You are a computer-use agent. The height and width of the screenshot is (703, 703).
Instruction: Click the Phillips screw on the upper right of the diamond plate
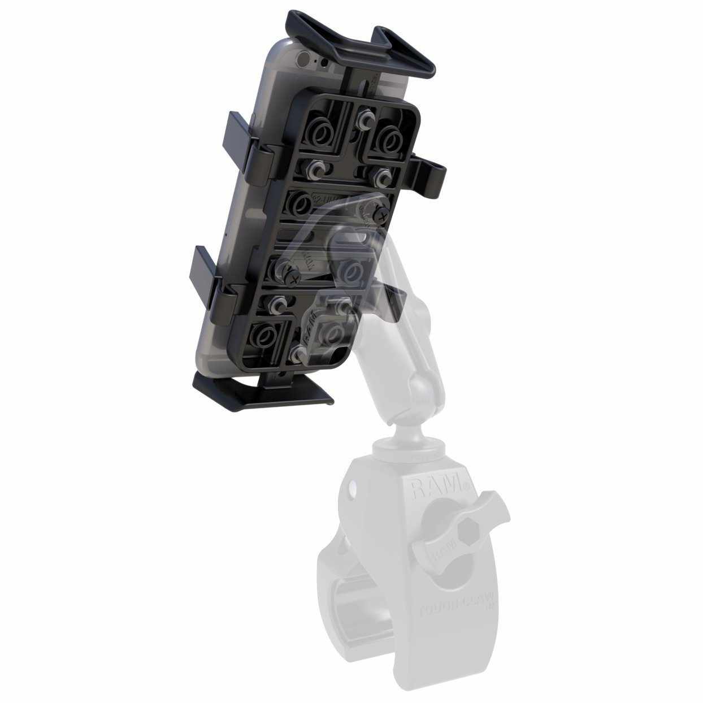381,215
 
